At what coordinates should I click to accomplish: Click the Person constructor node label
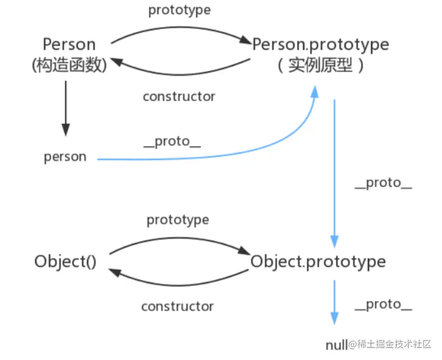coord(69,44)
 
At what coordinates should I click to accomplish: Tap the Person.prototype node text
coord(320,45)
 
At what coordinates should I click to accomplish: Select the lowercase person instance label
coord(65,157)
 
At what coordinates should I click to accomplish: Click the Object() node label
coord(66,261)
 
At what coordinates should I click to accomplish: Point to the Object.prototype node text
coord(318,261)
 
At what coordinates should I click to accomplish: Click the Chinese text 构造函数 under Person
coord(69,65)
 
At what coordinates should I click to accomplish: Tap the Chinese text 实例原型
coord(321,66)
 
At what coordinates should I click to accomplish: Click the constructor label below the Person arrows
coord(179,96)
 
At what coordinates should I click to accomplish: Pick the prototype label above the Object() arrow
coord(178,220)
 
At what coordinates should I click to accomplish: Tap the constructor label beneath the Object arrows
coord(177,306)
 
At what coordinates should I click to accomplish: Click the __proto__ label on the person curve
coord(172,142)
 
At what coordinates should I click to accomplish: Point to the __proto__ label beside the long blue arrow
coord(383,183)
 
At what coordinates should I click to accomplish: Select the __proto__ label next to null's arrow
coord(383,304)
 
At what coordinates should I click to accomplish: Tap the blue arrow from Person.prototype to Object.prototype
coord(334,171)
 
